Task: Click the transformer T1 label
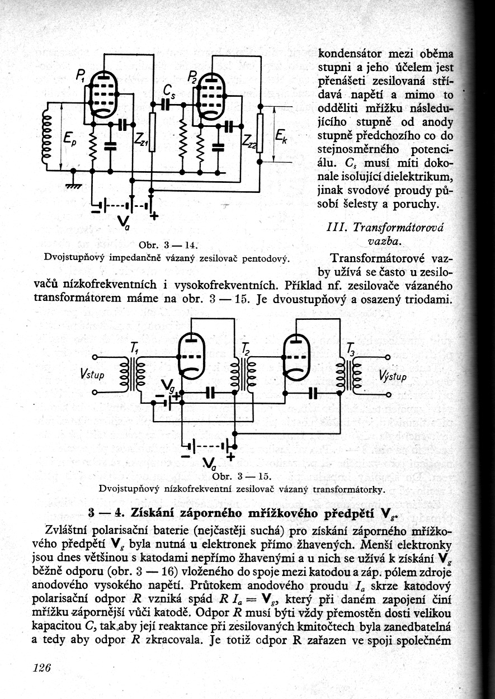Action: click(135, 348)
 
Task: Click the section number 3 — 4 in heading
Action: click(107, 513)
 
